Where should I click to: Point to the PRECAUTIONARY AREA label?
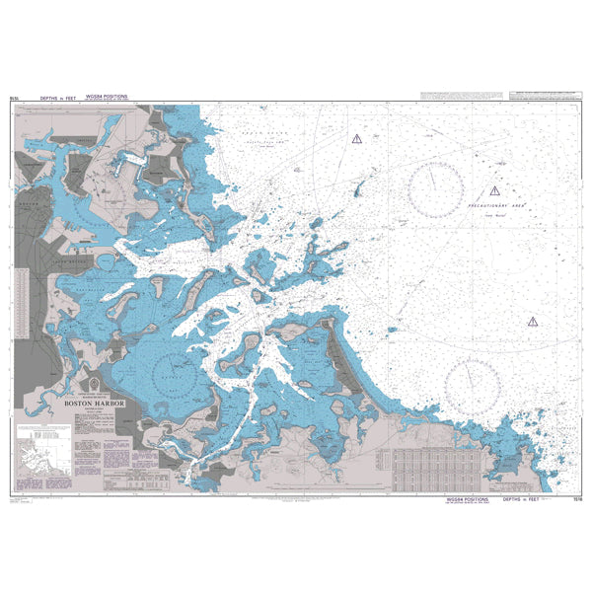click(499, 206)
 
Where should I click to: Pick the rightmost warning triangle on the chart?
click(533, 321)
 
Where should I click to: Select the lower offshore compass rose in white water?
click(472, 377)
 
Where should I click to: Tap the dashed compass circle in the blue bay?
click(178, 373)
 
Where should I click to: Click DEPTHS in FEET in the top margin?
click(59, 99)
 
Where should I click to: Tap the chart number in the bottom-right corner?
click(576, 500)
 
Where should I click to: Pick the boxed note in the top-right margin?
click(547, 97)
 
